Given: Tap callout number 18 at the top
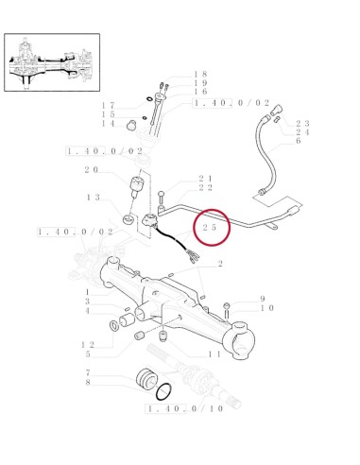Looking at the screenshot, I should [x=200, y=74].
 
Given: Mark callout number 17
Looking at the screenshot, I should [x=109, y=105].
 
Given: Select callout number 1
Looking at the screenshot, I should [x=86, y=291].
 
